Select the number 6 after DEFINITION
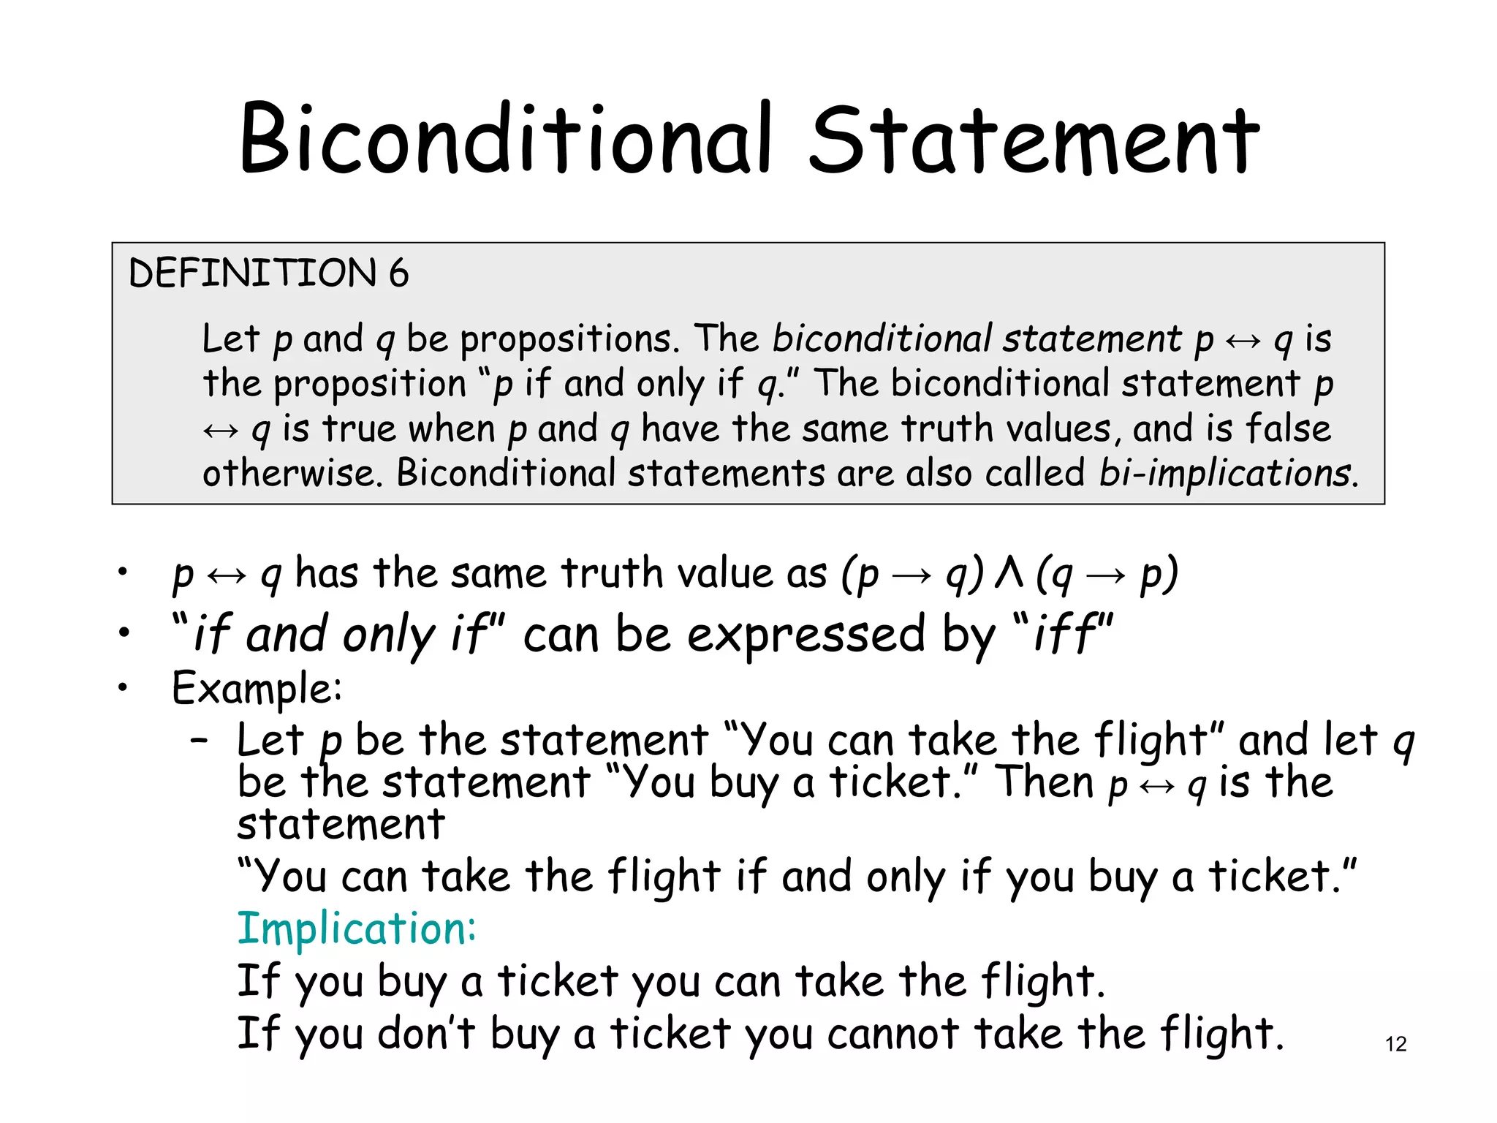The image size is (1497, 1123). click(398, 273)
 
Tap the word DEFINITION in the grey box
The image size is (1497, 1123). click(252, 273)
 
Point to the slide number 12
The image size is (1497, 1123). click(1395, 1044)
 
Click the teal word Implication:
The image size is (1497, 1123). click(357, 929)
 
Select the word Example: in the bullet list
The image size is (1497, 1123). click(257, 689)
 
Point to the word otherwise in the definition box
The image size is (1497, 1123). click(292, 473)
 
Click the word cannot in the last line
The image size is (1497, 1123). click(893, 1034)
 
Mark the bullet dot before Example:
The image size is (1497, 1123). click(124, 687)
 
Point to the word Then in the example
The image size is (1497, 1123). click(1046, 782)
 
